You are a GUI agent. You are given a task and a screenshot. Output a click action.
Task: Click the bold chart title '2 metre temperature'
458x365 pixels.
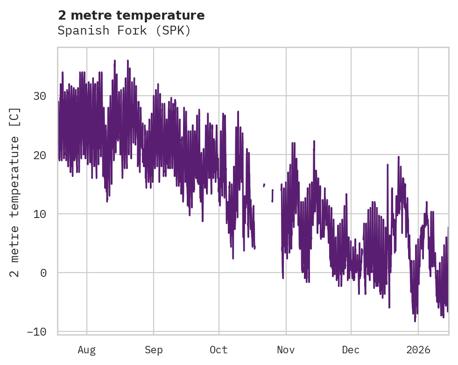131,15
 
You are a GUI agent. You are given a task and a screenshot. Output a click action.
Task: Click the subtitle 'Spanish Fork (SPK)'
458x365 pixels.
124,31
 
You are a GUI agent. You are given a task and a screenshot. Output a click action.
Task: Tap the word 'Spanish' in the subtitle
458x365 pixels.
80,31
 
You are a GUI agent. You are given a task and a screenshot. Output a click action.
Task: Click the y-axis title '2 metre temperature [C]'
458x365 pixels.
15,192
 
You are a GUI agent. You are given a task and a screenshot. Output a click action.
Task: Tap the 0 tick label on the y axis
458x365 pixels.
43,273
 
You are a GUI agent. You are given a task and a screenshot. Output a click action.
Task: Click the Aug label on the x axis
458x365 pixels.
86,350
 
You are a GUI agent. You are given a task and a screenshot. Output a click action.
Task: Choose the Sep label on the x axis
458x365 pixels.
153,350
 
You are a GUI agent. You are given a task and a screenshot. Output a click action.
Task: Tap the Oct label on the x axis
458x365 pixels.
218,350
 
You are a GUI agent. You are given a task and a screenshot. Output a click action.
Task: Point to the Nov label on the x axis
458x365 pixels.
286,350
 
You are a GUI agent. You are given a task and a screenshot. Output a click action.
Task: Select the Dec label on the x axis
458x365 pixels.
351,350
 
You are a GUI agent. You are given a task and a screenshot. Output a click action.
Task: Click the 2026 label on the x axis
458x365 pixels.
418,350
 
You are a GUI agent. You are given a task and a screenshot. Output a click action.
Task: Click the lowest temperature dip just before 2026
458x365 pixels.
415,321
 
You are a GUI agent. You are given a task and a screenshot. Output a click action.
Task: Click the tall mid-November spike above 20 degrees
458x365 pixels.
314,141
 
